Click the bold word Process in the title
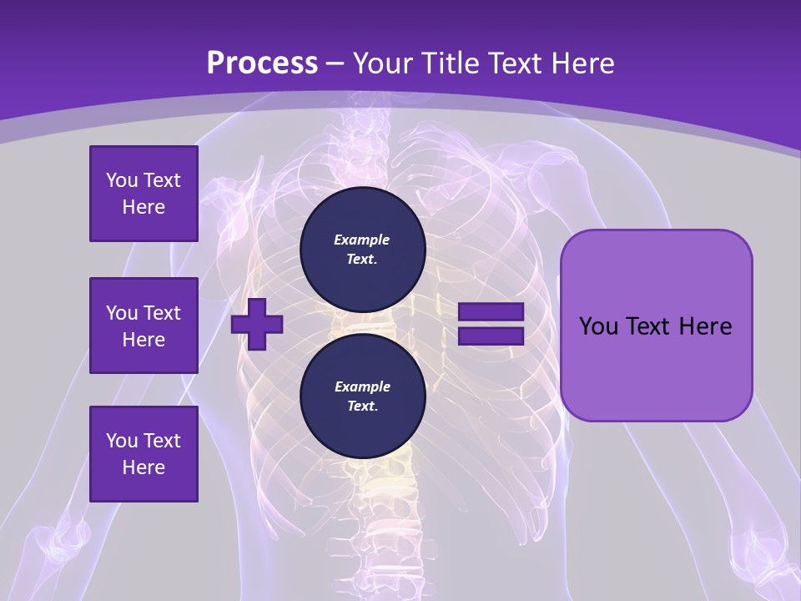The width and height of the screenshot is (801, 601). (x=262, y=63)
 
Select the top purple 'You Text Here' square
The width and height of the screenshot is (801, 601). (x=144, y=194)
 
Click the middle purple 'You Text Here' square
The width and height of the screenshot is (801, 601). (x=144, y=326)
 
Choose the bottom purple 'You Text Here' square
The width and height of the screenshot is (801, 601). (x=144, y=454)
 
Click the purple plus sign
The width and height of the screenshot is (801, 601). (x=257, y=325)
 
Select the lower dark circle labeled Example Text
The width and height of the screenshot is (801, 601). (x=362, y=396)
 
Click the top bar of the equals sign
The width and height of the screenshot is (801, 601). (x=491, y=312)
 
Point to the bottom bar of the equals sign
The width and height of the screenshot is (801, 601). (x=491, y=336)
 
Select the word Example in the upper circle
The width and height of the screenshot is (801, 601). (x=362, y=240)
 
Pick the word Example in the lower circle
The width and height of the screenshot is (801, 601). (x=362, y=386)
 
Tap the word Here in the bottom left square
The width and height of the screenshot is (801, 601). (x=144, y=467)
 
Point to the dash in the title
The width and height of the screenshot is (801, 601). (x=335, y=63)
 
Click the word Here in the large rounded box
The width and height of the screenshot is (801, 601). (x=705, y=326)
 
